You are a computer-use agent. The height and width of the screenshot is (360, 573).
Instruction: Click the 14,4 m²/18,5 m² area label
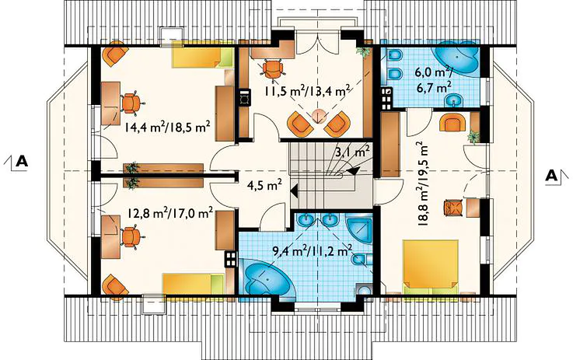(x=167, y=128)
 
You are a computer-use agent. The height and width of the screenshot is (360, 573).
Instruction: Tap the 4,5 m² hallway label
(x=264, y=185)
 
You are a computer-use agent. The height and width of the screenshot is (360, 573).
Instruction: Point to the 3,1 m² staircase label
(x=355, y=152)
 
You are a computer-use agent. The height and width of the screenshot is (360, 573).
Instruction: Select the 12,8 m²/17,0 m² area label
(x=171, y=213)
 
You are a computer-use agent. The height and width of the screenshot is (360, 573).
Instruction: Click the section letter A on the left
(x=22, y=161)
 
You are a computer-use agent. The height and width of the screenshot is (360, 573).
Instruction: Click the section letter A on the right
(x=551, y=176)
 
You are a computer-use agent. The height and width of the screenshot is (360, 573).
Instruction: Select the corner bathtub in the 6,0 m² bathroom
(x=456, y=58)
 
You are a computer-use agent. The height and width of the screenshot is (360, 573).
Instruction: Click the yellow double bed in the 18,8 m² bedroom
(x=431, y=267)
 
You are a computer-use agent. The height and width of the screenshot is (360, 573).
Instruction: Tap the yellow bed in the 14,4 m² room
(x=203, y=57)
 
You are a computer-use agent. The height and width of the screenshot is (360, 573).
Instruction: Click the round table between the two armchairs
(x=319, y=116)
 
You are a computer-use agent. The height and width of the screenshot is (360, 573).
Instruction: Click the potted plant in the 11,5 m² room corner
(x=364, y=51)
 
